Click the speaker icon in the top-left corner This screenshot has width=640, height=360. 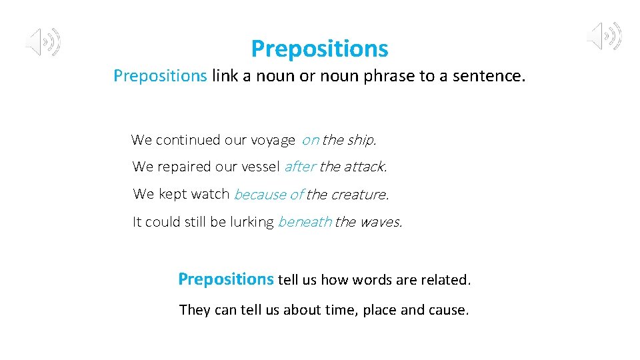(43, 41)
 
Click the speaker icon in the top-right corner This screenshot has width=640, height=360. (604, 36)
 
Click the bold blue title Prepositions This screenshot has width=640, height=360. (319, 49)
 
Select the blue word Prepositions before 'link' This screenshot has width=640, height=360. (160, 76)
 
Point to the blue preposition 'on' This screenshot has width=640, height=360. (310, 140)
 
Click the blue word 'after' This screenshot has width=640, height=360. (300, 167)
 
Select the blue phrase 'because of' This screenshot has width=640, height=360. (269, 195)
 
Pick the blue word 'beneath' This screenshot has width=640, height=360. (304, 222)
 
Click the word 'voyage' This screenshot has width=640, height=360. (273, 141)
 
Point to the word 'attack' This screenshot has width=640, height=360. (365, 167)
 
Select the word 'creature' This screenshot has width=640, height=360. (359, 195)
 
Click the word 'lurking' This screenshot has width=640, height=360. (251, 222)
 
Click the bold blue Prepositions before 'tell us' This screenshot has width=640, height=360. (225, 279)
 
